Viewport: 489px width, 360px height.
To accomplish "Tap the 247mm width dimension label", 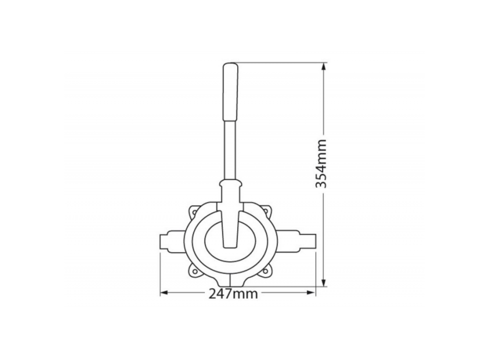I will tap(233, 294).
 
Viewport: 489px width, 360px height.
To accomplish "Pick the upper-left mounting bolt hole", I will tap(195, 210).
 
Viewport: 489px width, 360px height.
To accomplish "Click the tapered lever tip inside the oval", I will tap(229, 237).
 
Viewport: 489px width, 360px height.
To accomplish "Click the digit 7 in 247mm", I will tap(228, 294).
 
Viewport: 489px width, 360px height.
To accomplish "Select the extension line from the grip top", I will tap(278, 63).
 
